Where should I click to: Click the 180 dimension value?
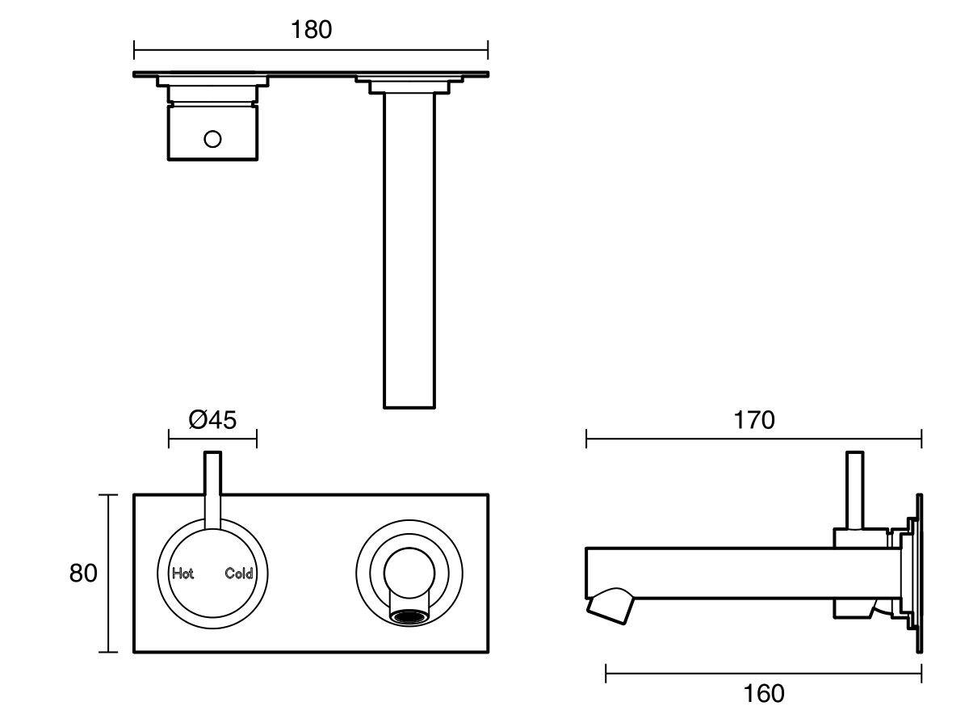click(311, 30)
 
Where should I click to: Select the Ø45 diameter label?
click(212, 420)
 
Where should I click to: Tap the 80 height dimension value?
click(83, 574)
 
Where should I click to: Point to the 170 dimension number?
click(753, 420)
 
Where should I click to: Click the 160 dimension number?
click(763, 693)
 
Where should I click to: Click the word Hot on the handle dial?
click(182, 574)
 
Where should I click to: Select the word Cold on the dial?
click(239, 574)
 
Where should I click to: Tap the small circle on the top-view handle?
click(212, 139)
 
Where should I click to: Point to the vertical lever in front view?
click(212, 489)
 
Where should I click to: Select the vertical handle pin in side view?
click(854, 489)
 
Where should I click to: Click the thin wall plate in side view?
click(918, 574)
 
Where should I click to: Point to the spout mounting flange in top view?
click(409, 84)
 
